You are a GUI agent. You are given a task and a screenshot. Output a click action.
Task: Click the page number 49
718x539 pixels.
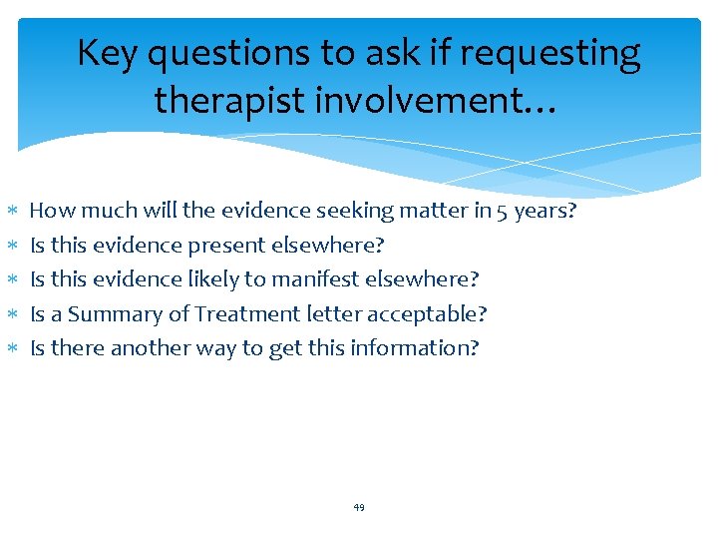(x=359, y=507)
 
